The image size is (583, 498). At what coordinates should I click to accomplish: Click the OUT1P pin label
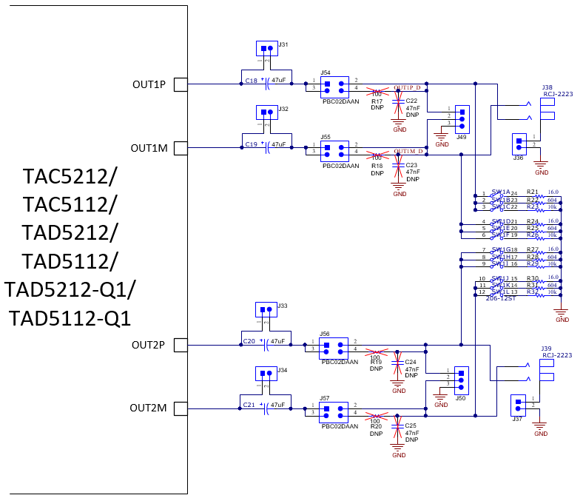click(149, 84)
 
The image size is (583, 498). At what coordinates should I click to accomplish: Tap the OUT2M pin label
click(148, 408)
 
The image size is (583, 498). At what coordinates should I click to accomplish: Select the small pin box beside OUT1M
click(180, 149)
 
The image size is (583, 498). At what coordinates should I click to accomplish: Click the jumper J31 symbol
click(266, 49)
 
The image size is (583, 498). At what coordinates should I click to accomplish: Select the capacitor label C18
click(250, 81)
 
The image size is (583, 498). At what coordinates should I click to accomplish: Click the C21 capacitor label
click(249, 406)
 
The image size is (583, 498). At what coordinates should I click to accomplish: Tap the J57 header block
click(333, 411)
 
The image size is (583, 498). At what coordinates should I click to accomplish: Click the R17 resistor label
click(377, 101)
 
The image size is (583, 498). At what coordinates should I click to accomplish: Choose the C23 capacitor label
click(412, 165)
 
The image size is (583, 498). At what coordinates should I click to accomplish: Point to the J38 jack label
click(547, 87)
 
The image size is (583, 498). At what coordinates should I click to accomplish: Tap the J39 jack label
click(546, 349)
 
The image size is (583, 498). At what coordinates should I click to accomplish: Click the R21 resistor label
click(532, 192)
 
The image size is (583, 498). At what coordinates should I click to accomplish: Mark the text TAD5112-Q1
click(70, 318)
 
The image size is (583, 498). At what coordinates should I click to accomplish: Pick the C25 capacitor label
click(411, 426)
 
